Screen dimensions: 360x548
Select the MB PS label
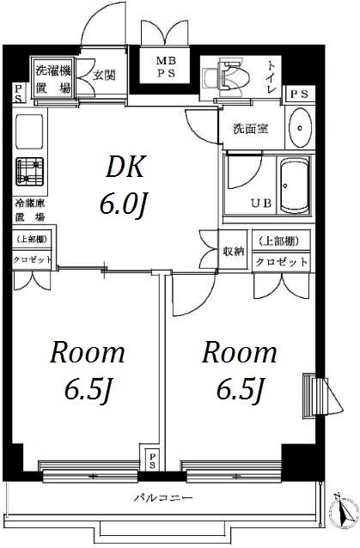pyautogui.click(x=166, y=68)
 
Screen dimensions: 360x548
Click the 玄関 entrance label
pyautogui.click(x=104, y=75)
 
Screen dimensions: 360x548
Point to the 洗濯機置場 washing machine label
pyautogui.click(x=54, y=80)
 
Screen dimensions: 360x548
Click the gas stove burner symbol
pyautogui.click(x=30, y=172)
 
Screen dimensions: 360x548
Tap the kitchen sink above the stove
pyautogui.click(x=29, y=131)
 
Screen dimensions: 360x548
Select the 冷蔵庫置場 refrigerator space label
pyautogui.click(x=30, y=210)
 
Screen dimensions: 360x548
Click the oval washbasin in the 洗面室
pyautogui.click(x=300, y=128)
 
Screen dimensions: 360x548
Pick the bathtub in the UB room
pyautogui.click(x=296, y=185)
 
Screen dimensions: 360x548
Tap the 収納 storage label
pyautogui.click(x=234, y=251)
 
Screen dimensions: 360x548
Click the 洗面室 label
pyautogui.click(x=251, y=130)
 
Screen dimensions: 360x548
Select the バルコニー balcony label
pyautogui.click(x=163, y=497)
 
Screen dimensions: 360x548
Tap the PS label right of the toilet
pyautogui.click(x=300, y=94)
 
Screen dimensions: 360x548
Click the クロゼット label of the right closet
pyautogui.click(x=281, y=262)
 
